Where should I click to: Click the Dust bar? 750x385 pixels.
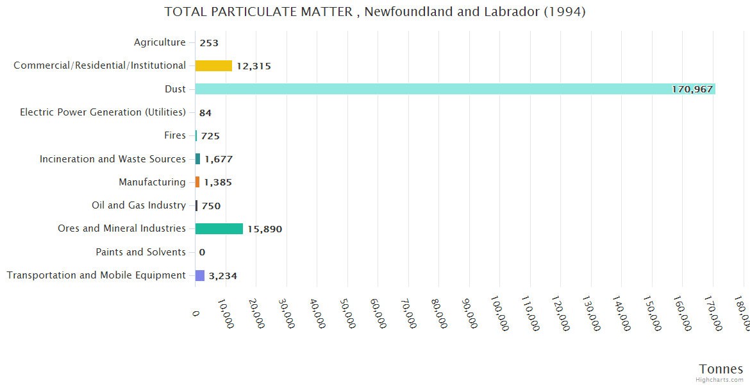[x=449, y=89]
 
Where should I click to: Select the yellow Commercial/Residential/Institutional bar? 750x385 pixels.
[x=213, y=65]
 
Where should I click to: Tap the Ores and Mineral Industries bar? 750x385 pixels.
[x=219, y=228]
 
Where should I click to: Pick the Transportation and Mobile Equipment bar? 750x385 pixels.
[x=200, y=275]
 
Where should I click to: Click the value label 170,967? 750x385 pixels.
[x=692, y=89]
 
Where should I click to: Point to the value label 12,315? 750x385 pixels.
[x=255, y=66]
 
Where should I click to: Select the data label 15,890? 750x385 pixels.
[x=265, y=229]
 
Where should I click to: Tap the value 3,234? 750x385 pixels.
[x=223, y=276]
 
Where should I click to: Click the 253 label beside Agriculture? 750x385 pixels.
[x=209, y=43]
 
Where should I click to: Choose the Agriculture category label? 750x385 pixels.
[x=160, y=42]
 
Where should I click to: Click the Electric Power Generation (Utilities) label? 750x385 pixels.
[x=103, y=112]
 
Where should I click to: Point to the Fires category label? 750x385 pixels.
[x=175, y=135]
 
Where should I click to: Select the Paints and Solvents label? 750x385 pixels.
[x=140, y=252]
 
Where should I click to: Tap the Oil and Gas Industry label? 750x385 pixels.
[x=138, y=205]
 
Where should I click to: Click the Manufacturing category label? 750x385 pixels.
[x=152, y=182]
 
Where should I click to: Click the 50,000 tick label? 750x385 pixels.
[x=347, y=312]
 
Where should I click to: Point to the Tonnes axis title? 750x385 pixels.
[x=721, y=369]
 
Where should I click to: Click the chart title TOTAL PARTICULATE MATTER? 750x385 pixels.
[x=374, y=12]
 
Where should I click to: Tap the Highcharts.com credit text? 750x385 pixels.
[x=720, y=380]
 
